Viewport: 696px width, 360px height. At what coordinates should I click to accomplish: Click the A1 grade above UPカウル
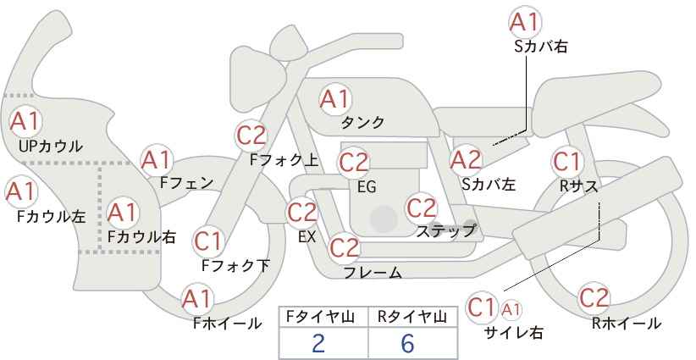[x=25, y=121]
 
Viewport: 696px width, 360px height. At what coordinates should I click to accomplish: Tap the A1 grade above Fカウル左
[x=20, y=191]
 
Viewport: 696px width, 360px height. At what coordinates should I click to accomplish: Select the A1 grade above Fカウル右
[x=123, y=213]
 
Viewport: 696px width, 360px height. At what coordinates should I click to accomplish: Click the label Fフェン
[x=186, y=183]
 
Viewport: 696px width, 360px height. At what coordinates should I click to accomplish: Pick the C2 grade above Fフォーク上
[x=252, y=136]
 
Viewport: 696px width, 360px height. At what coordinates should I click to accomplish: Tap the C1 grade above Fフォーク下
[x=207, y=241]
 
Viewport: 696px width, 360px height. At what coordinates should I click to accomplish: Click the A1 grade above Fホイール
[x=197, y=299]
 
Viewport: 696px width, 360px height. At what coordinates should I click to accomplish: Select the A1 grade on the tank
[x=334, y=99]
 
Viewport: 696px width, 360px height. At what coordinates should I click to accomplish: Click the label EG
[x=367, y=187]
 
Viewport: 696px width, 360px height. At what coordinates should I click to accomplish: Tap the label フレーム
[x=373, y=272]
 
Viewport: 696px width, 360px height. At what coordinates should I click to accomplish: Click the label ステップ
[x=445, y=231]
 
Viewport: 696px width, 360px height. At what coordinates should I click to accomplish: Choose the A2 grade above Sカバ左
[x=466, y=160]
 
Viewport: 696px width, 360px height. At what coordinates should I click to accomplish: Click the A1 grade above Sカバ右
[x=526, y=22]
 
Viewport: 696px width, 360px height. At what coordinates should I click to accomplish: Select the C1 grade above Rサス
[x=566, y=162]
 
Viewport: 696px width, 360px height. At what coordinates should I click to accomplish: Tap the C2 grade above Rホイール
[x=594, y=298]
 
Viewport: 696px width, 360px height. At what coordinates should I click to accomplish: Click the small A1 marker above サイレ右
[x=511, y=309]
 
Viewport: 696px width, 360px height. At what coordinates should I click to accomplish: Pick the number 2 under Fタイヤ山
[x=318, y=344]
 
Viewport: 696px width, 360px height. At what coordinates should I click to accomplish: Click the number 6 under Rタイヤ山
[x=407, y=344]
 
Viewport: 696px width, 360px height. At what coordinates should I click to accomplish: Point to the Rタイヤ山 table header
[x=412, y=317]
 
